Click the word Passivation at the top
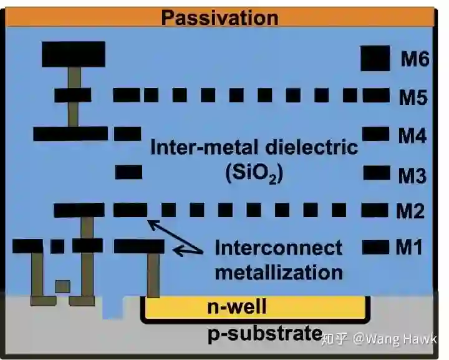[x=220, y=17]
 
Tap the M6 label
[x=414, y=60]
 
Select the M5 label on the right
[x=413, y=97]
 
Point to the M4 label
[x=413, y=136]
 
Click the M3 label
[x=412, y=176]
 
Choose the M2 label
[x=410, y=212]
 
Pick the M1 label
[x=409, y=248]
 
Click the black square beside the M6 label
[x=376, y=58]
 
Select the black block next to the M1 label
[x=375, y=247]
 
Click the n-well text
[x=236, y=307]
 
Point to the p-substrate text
[x=265, y=334]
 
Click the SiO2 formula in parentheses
[x=254, y=173]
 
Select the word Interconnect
[x=278, y=248]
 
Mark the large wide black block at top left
[x=73, y=54]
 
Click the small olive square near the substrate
[x=62, y=286]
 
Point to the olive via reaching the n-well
[x=153, y=275]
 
